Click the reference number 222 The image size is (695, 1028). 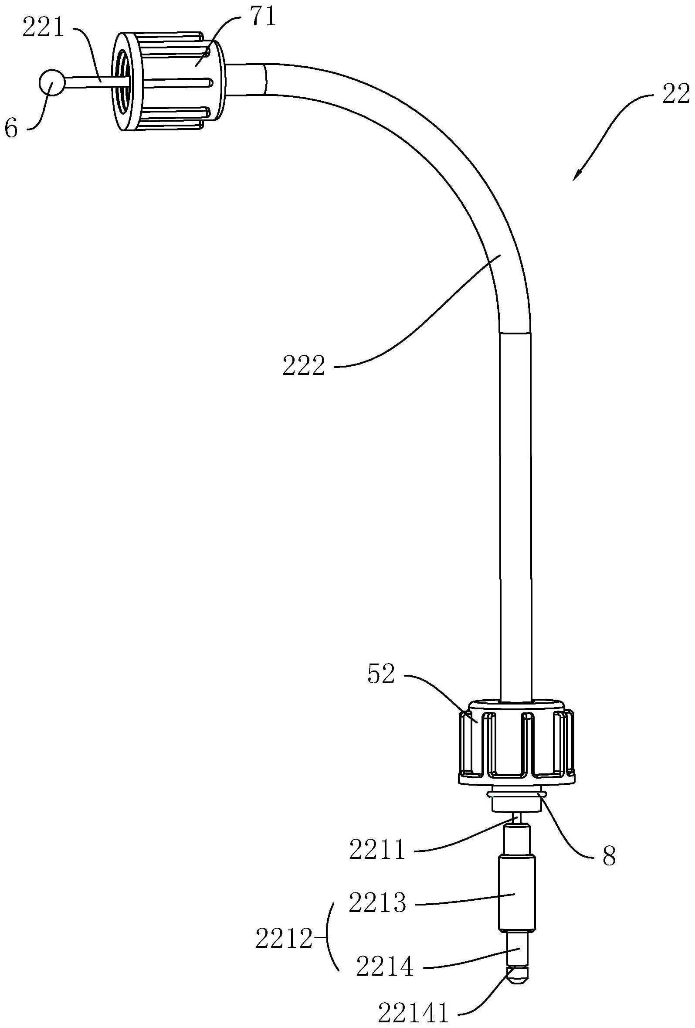tap(304, 366)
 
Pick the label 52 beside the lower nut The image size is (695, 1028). tap(381, 674)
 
